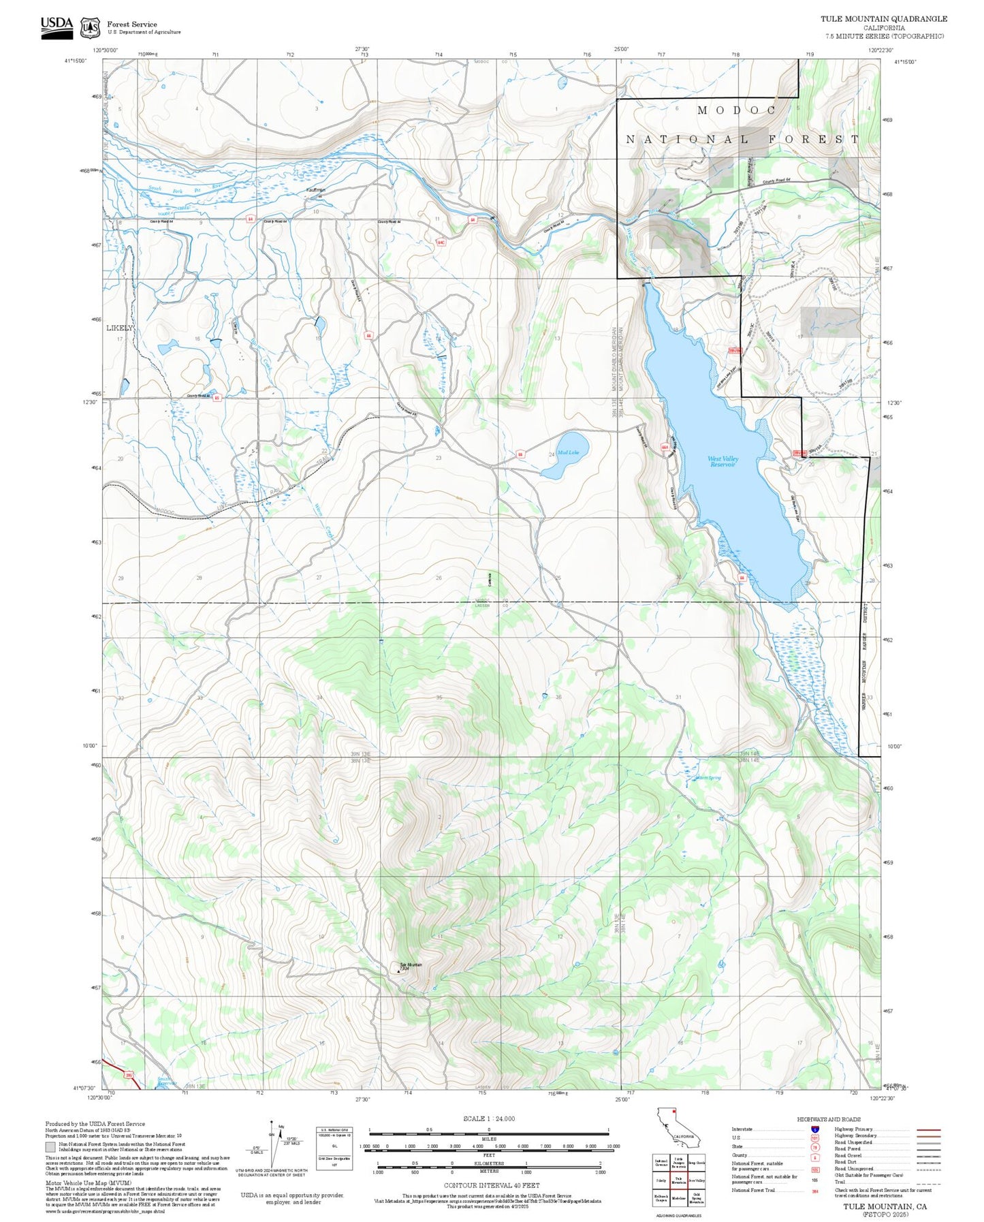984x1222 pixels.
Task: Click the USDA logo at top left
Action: pos(57,27)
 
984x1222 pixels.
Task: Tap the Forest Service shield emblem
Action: pos(90,28)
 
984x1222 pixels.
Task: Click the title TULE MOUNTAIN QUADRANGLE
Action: pos(883,18)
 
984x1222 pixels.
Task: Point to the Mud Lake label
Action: pos(568,453)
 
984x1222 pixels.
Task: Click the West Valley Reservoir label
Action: pos(723,462)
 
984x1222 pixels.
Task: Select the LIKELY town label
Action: pos(120,328)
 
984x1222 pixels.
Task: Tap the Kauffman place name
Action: pos(316,190)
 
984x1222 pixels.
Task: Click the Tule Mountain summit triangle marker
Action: pos(399,971)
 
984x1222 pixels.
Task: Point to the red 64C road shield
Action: pos(441,242)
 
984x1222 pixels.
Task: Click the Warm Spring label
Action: pos(708,778)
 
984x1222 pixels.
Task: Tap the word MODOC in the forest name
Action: pos(736,110)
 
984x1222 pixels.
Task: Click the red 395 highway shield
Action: pos(130,1075)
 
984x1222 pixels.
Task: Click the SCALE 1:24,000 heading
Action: pos(489,1118)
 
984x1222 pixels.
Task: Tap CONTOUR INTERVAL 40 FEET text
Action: pos(492,1185)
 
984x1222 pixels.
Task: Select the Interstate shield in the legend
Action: pos(814,1129)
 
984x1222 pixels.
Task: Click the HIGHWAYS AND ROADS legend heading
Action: pos(829,1119)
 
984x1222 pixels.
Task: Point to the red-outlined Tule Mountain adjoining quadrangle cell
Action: pos(678,1180)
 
